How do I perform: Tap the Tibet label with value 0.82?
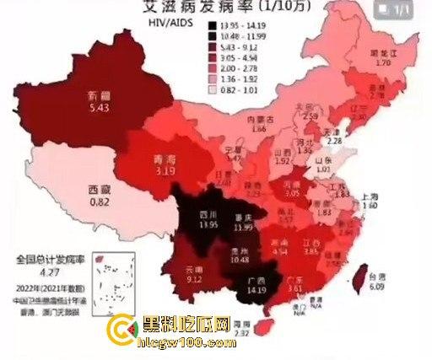click(100, 196)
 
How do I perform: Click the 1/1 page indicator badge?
click(405, 11)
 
